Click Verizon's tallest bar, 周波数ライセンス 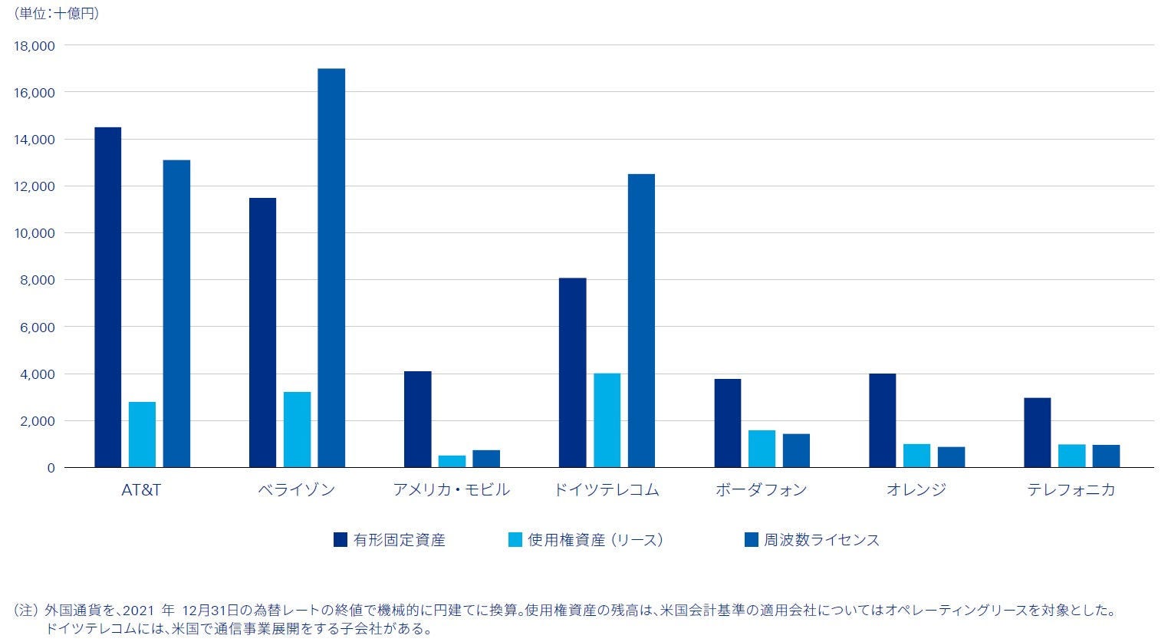pos(331,268)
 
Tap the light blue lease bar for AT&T pos(142,434)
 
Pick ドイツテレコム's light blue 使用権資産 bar pos(607,420)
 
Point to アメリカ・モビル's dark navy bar pos(417,419)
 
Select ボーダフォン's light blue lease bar pos(762,449)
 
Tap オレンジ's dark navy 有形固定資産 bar pos(882,420)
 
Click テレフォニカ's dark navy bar pos(1037,433)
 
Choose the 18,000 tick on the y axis pos(35,46)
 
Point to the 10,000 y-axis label pos(35,233)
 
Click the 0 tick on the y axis pos(51,468)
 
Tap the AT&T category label pos(141,489)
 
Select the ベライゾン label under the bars pos(297,489)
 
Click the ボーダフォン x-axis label pos(761,489)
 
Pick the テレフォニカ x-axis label pos(1071,489)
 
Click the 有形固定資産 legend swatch pos(341,540)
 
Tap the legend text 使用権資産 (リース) pos(595,540)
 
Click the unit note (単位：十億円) pos(57,13)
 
